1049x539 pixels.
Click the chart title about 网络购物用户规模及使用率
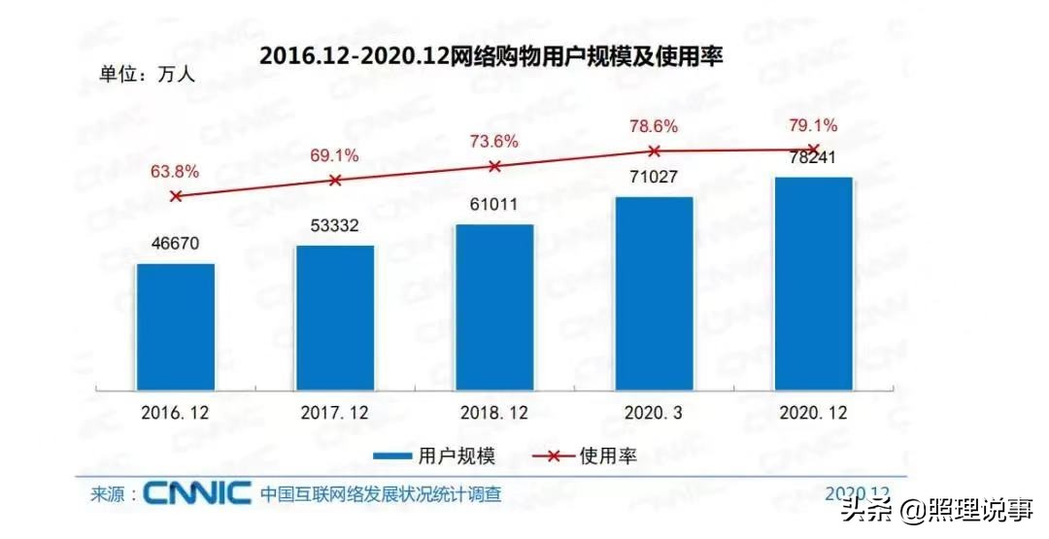tap(491, 56)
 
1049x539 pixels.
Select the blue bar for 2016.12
tap(175, 325)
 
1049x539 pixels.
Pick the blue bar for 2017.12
tap(335, 317)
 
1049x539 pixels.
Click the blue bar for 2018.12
tap(494, 306)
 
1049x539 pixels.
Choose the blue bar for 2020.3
tap(654, 292)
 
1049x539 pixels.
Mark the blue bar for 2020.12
tap(813, 283)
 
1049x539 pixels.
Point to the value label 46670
tap(175, 244)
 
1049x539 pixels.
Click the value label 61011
tap(494, 205)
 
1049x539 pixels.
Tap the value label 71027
tap(654, 178)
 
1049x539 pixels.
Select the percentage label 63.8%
tap(175, 172)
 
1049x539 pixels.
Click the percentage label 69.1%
tap(335, 155)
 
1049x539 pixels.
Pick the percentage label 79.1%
tap(813, 125)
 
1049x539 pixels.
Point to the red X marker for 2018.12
tap(494, 166)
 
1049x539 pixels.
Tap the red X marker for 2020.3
tap(654, 151)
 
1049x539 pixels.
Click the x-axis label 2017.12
tap(335, 413)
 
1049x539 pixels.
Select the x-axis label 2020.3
tap(654, 413)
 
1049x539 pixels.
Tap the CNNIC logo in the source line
tap(198, 494)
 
